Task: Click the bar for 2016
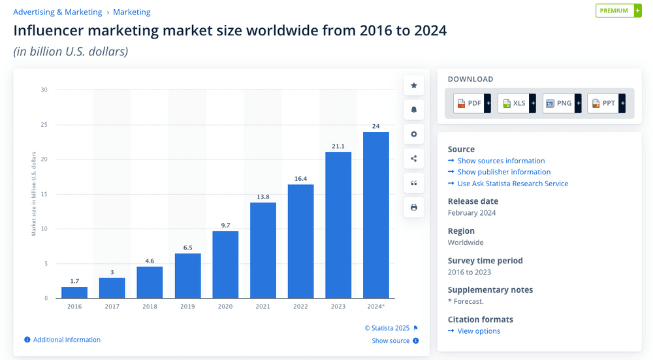tap(74, 292)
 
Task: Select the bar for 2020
tap(225, 265)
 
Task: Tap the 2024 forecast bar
tap(376, 215)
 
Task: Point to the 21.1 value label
tap(338, 146)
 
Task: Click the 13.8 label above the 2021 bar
tap(263, 197)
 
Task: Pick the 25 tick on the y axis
tap(44, 125)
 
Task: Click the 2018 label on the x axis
tap(150, 306)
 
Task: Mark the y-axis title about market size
tap(34, 194)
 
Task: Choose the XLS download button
tap(517, 103)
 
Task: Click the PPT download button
tap(607, 103)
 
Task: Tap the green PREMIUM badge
tap(618, 10)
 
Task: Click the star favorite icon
tap(414, 86)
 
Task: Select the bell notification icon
tap(414, 110)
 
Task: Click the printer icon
tap(414, 207)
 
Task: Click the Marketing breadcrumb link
tap(132, 12)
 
